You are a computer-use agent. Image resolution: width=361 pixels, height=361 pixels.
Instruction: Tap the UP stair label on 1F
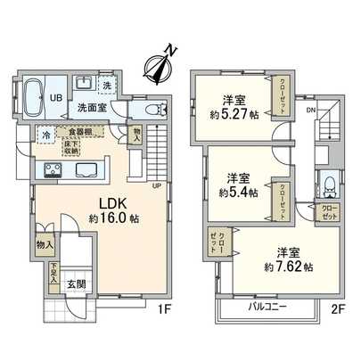pos(157,185)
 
